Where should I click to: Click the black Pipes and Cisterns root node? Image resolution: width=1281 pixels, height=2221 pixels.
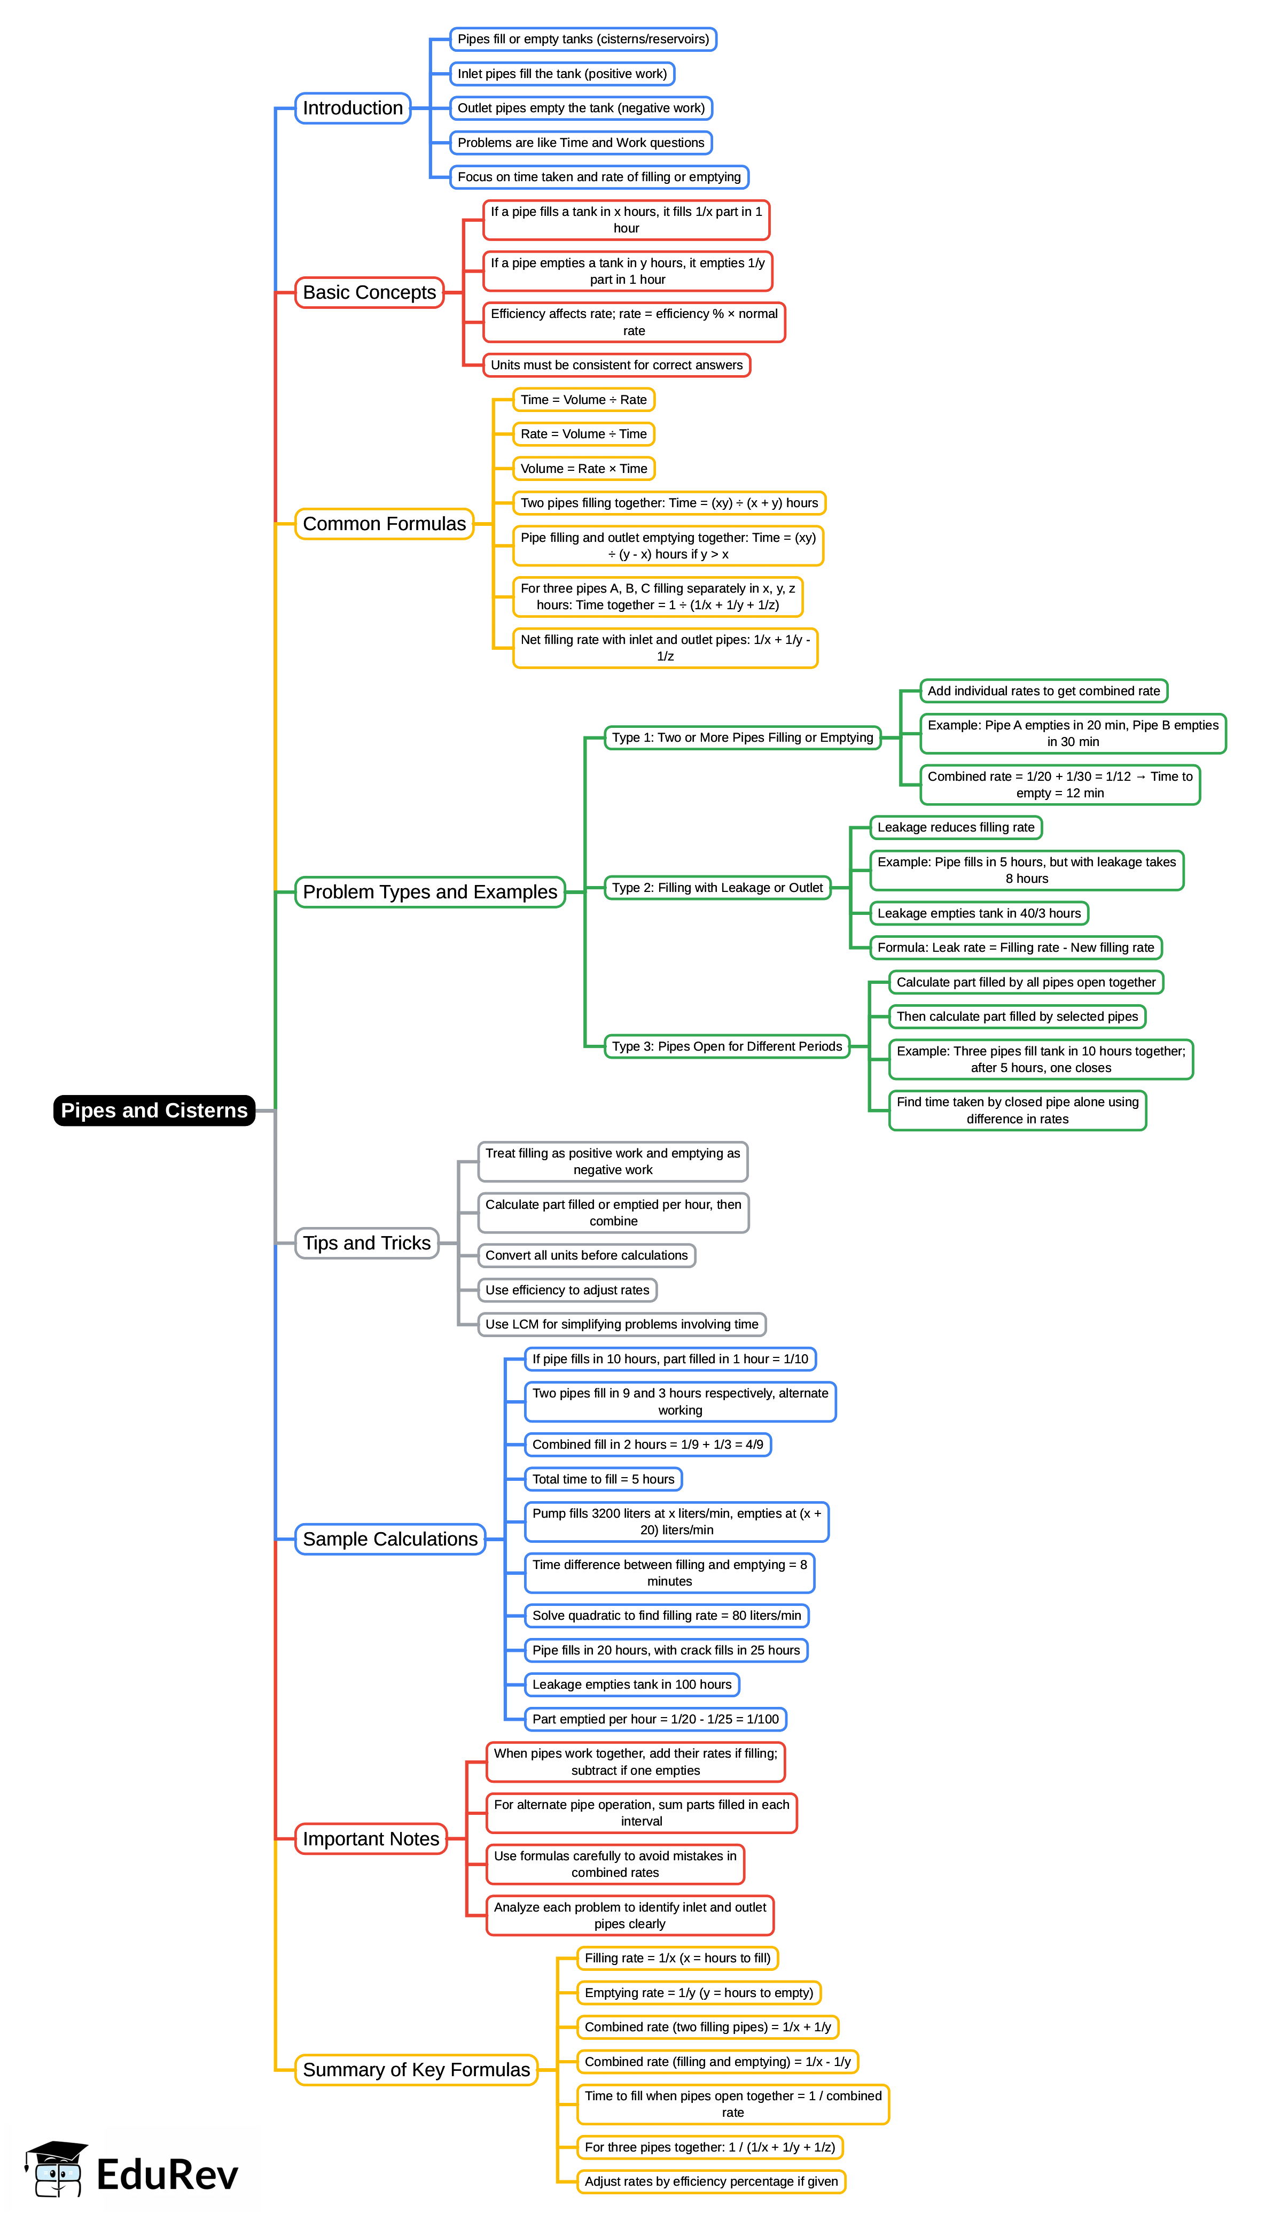coord(154,1110)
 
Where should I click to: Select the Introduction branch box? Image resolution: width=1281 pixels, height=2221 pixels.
coord(353,108)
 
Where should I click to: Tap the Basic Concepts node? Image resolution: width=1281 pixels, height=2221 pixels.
coord(370,292)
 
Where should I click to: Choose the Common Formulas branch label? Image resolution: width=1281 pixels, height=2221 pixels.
coord(385,524)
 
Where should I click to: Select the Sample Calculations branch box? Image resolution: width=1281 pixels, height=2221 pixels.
coord(390,1539)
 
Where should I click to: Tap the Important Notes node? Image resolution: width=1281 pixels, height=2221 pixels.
coord(371,1838)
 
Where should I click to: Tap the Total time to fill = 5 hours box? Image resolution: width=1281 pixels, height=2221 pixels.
coord(604,1479)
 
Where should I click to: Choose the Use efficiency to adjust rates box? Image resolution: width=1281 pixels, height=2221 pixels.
coord(567,1290)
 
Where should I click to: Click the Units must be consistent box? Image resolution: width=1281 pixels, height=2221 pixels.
coord(617,365)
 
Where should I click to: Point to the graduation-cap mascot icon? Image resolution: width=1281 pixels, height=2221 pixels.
coord(56,2169)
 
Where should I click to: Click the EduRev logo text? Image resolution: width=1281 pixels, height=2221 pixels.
coord(167,2175)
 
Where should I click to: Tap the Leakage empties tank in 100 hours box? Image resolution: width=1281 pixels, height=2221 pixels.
coord(632,1684)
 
